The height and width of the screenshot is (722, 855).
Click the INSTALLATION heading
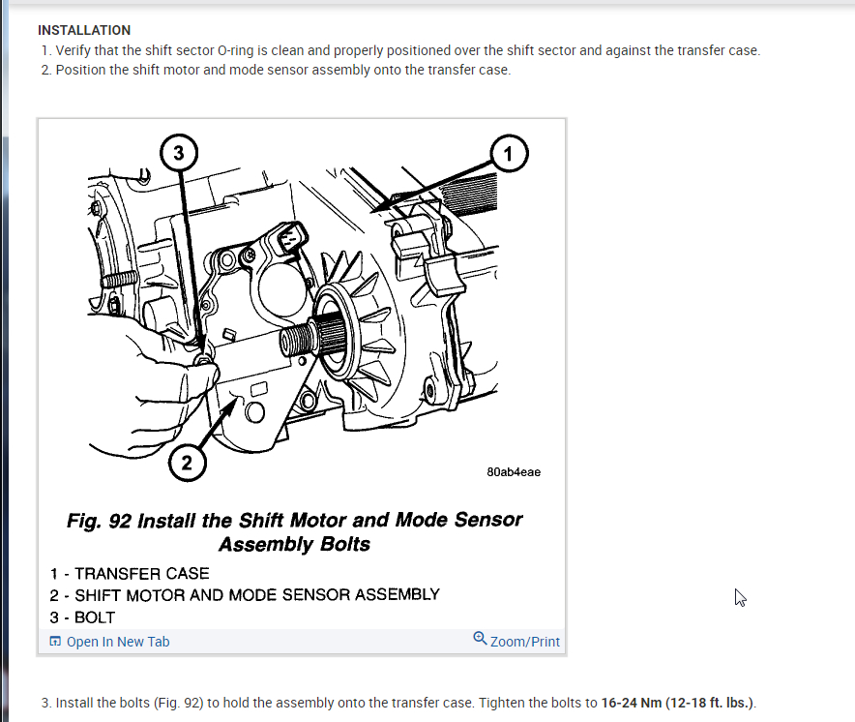tap(84, 30)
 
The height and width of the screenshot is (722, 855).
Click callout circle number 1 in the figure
tap(509, 153)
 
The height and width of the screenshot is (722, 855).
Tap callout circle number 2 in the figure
tap(187, 463)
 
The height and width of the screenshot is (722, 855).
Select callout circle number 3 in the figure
tap(179, 152)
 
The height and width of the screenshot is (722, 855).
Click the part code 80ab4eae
tap(514, 472)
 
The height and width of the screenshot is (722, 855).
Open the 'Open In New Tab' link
tap(118, 642)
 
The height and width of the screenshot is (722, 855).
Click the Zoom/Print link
tap(524, 642)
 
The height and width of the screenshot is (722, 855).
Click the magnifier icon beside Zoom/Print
tap(480, 638)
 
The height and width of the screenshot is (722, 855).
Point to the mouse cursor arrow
tap(739, 597)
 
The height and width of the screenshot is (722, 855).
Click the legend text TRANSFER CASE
tap(142, 574)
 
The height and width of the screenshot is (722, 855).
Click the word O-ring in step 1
tap(236, 50)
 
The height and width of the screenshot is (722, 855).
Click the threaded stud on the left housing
tap(119, 280)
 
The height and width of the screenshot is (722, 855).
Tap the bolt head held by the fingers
tap(204, 360)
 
